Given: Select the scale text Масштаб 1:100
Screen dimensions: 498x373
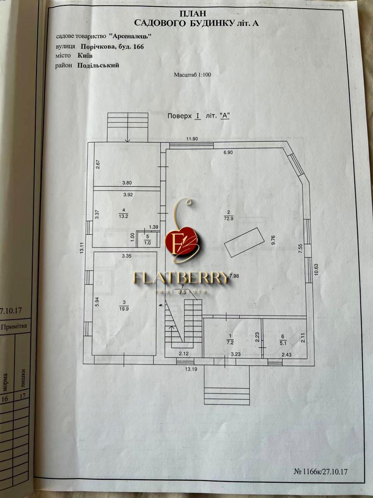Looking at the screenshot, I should click(193, 75).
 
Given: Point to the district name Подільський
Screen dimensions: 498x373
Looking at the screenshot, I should click(98, 65).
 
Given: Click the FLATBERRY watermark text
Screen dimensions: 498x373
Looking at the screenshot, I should click(182, 277).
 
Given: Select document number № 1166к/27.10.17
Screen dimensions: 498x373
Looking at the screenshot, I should click(320, 472).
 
